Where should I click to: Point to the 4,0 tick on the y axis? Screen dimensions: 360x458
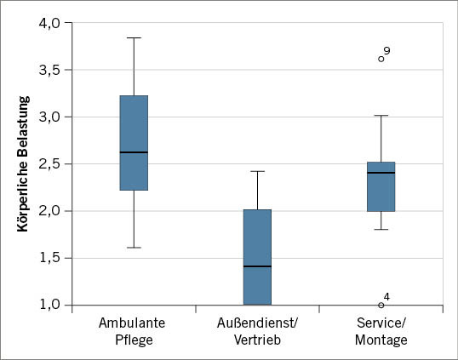coord(49,23)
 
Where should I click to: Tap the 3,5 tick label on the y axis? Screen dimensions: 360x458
coord(49,70)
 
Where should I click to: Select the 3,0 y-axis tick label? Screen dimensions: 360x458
coord(49,117)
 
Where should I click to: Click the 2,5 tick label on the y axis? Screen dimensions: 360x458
coord(49,163)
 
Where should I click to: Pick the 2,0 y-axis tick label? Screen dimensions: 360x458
coord(49,211)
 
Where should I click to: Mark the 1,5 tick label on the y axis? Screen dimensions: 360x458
coord(49,258)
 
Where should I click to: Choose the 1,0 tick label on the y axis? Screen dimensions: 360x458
coord(49,305)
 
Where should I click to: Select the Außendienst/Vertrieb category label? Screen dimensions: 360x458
coord(257,331)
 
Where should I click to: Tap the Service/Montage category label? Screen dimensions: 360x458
coord(381,331)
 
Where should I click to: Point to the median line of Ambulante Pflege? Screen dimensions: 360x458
coord(134,152)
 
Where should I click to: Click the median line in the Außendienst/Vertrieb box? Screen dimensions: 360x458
coord(257,266)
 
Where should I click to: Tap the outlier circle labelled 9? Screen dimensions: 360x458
coord(381,59)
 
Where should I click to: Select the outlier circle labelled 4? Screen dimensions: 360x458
coord(381,305)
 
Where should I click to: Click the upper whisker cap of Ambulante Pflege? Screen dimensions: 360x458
coord(134,38)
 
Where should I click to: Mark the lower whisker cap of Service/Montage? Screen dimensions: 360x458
coord(381,229)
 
